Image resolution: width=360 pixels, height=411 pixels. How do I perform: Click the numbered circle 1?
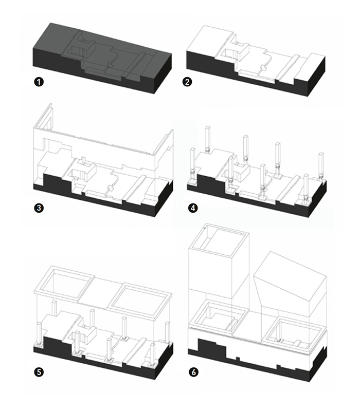pyautogui.click(x=39, y=82)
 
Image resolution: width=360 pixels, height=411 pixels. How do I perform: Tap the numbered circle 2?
pyautogui.click(x=187, y=82)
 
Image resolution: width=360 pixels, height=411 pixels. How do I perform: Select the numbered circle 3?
pyautogui.click(x=39, y=208)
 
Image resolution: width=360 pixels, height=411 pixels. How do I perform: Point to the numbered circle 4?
pyautogui.click(x=193, y=208)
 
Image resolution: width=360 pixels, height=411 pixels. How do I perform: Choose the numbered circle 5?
pyautogui.click(x=39, y=372)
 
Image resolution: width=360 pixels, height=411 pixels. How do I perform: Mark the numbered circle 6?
pyautogui.click(x=194, y=372)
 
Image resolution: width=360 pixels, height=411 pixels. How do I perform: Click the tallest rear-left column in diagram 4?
pyautogui.click(x=208, y=139)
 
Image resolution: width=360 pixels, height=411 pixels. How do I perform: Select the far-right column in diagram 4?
pyautogui.click(x=321, y=164)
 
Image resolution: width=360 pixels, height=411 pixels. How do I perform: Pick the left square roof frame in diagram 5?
pyautogui.click(x=64, y=283)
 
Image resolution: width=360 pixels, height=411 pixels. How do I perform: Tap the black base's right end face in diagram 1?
pyautogui.click(x=163, y=73)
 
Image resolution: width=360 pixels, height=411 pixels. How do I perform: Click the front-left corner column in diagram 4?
pyautogui.click(x=192, y=165)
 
